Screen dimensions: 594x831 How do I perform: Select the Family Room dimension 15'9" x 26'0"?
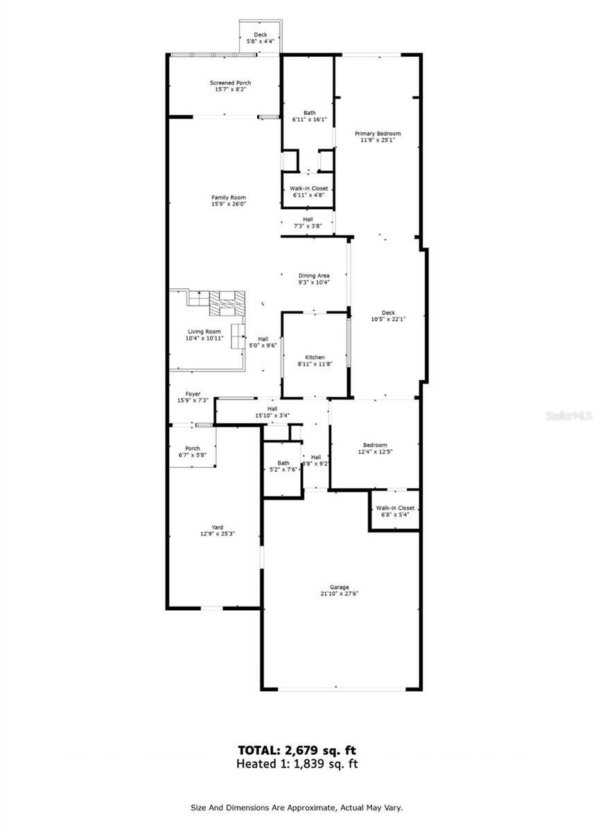228,204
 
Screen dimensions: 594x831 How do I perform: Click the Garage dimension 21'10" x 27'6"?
340,593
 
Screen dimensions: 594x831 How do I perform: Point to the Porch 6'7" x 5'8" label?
192,452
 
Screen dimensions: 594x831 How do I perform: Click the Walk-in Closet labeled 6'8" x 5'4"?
395,511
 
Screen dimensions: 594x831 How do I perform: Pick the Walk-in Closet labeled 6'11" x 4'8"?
309,191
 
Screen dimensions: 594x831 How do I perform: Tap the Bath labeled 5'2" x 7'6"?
283,466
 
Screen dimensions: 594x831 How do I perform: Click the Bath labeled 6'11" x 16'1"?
309,116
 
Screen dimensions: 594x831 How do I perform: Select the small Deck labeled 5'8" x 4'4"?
261,38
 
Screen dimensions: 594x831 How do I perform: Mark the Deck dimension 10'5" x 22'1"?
388,319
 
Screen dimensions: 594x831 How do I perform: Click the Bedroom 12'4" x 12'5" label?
375,448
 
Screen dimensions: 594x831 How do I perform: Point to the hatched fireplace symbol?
227,303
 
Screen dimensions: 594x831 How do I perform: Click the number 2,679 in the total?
301,751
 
